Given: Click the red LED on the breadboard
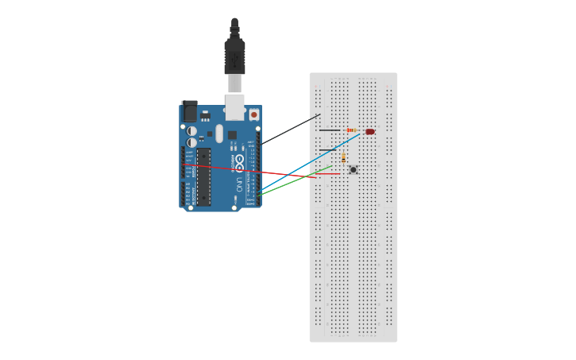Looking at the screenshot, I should [x=370, y=131].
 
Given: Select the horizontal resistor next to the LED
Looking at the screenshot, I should [x=351, y=130].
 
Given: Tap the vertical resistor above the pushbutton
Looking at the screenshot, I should [x=343, y=158].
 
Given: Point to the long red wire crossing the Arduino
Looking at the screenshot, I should [x=246, y=170].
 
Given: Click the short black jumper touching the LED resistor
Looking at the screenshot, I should [x=330, y=130].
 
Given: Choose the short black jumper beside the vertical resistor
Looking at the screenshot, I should [x=328, y=150].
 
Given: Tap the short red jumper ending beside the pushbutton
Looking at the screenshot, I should [x=330, y=173].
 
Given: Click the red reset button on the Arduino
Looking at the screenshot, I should [x=254, y=114].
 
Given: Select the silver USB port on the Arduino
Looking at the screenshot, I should [x=234, y=106].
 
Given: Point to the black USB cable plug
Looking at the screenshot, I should [x=234, y=56].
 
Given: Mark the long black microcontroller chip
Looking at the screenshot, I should [x=204, y=176].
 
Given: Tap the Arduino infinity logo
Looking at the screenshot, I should [x=239, y=162].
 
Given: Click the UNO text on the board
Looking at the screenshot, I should [x=239, y=184].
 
